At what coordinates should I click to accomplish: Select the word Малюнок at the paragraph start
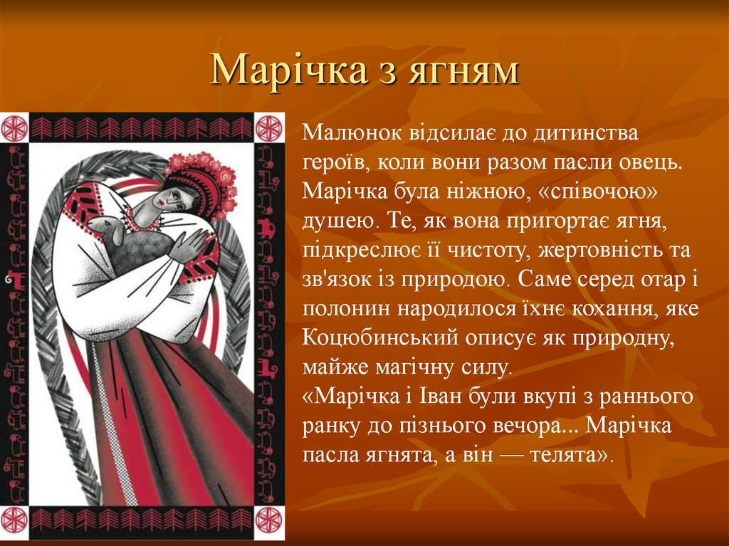coord(351,134)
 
